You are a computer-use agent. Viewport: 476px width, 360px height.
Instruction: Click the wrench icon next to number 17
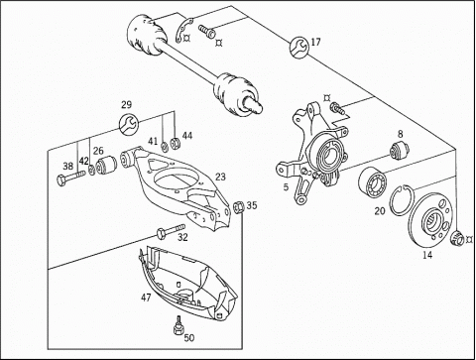tap(299, 48)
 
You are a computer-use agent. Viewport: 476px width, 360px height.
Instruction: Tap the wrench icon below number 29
tap(128, 124)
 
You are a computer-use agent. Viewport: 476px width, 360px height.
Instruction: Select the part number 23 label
tap(220, 177)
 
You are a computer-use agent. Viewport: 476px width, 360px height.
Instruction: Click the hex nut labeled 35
tap(239, 207)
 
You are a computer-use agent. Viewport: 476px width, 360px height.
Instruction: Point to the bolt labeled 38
tap(71, 177)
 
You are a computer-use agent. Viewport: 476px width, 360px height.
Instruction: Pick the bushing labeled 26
tap(106, 165)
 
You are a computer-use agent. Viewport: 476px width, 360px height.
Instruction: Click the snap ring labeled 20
tap(400, 199)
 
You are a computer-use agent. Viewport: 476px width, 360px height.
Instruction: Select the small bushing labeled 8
tap(400, 150)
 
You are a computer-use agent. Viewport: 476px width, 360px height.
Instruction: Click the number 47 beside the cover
tap(146, 298)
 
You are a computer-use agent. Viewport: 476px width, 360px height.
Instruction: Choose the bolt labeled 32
tap(172, 230)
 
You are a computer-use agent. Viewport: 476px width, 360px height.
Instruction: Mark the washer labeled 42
tap(91, 171)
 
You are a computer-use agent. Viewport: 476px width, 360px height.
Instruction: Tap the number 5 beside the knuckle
tap(286, 187)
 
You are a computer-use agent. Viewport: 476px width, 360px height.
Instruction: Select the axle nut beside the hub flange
tap(457, 238)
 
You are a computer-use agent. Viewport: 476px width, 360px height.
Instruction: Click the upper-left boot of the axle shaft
tap(145, 34)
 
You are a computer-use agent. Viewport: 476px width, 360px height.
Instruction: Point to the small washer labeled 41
tap(164, 146)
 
